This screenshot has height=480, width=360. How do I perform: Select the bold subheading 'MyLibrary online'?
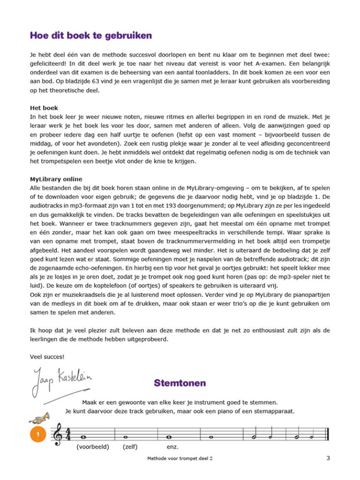pos(55,179)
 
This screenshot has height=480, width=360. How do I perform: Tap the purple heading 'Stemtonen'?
pos(180,383)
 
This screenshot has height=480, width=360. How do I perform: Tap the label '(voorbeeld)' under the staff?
pos(92,447)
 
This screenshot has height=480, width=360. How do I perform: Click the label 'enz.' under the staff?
pos(172,447)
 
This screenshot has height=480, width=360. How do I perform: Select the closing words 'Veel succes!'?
pos(47,356)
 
